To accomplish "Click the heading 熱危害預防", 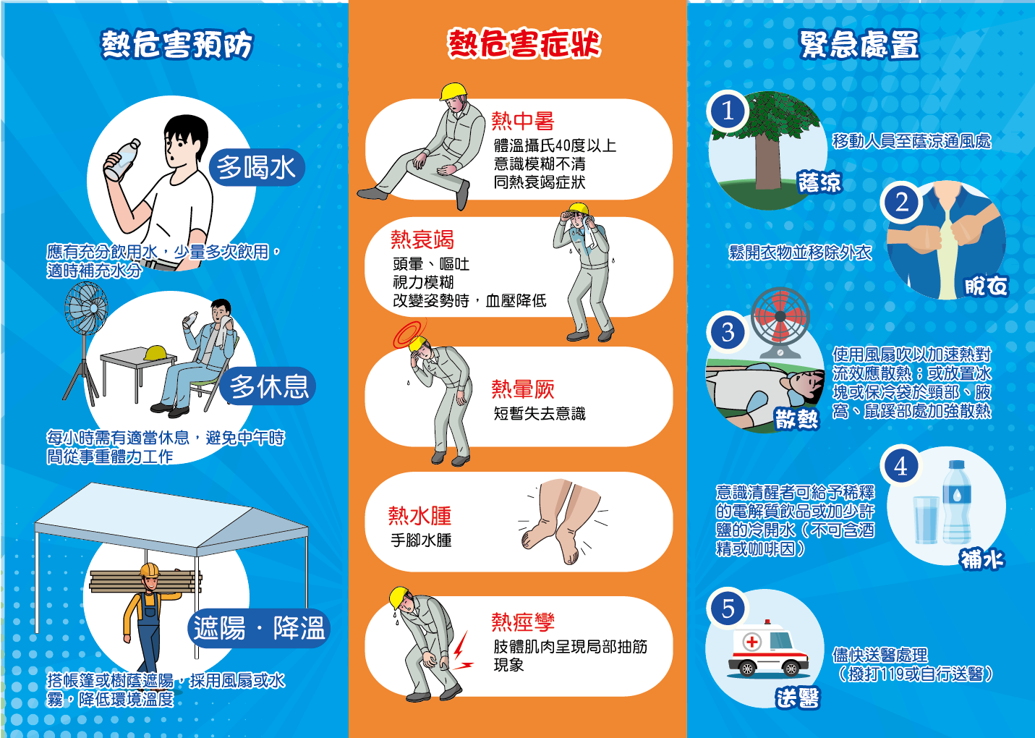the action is [177, 44].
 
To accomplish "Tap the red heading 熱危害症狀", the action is [524, 43].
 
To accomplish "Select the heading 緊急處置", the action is [859, 44].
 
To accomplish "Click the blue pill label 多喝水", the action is [257, 167].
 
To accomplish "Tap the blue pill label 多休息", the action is [268, 386].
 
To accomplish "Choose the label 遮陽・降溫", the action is [259, 628].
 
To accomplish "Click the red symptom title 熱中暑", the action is [523, 121].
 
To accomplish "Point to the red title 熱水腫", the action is [419, 516].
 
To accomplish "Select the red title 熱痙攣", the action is [523, 622].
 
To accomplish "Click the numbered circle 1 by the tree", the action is [728, 111].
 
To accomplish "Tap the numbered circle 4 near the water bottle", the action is [900, 466].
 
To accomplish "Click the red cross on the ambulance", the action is [751, 642].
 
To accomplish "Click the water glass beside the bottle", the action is [926, 520].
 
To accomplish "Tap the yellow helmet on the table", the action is [155, 353].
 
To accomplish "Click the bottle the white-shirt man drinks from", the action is [122, 159].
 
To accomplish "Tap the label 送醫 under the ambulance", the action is [798, 697].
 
